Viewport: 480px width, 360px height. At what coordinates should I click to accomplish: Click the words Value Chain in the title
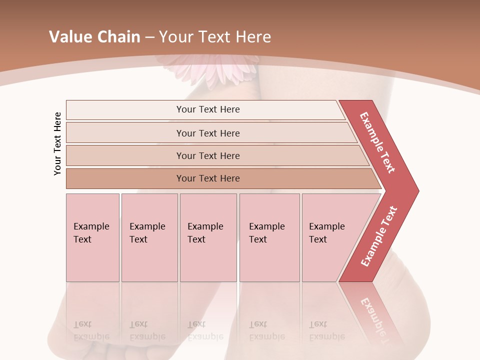[94, 36]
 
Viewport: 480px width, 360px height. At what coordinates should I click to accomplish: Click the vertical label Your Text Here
[57, 143]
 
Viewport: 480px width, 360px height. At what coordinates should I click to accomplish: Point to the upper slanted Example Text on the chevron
[377, 142]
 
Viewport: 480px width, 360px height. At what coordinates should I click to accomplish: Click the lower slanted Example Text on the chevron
[379, 236]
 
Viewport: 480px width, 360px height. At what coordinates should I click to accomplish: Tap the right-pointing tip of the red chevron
[414, 190]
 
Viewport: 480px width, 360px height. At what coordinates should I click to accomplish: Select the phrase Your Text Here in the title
[215, 36]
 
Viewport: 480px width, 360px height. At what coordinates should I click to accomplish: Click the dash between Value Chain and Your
[150, 36]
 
